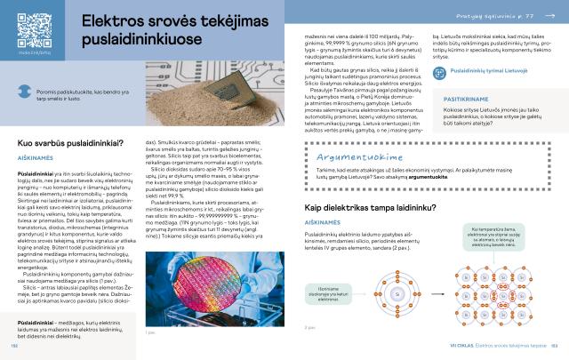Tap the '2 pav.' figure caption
point(309,327)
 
